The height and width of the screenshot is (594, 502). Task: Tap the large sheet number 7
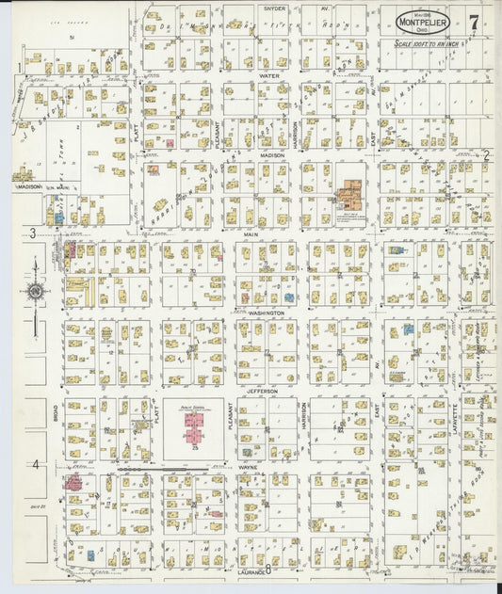coord(473,18)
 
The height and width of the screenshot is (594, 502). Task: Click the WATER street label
coord(269,74)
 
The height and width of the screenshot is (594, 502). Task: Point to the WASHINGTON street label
coord(267,313)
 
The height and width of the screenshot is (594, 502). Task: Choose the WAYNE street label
coord(250,466)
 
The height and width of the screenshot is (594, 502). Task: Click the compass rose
coord(35,293)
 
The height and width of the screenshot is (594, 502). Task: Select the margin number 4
coord(35,464)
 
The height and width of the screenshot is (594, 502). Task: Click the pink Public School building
coord(193,428)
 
